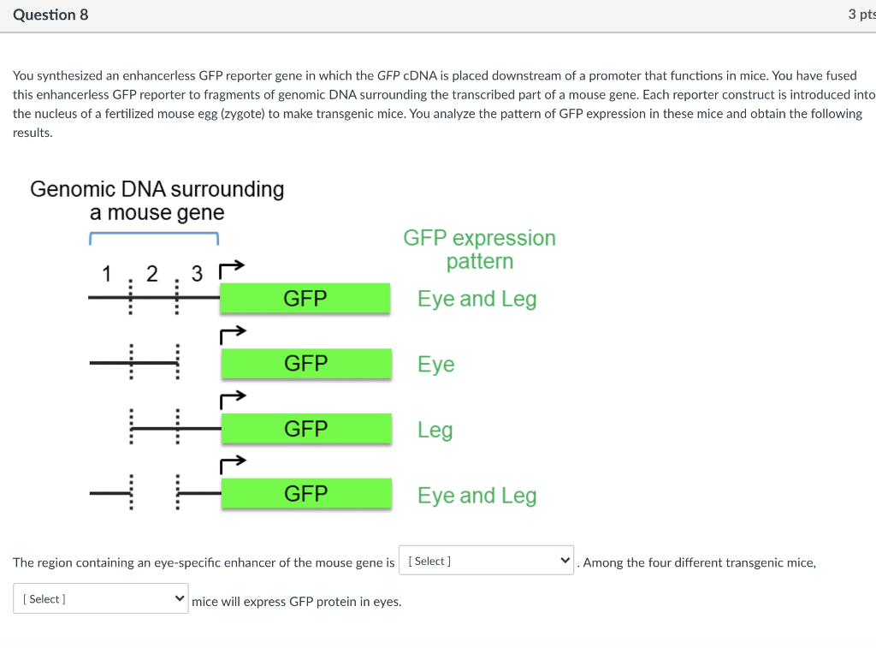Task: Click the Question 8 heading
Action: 50,15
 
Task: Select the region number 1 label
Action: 107,274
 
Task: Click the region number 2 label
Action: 152,274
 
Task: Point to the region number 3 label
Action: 198,274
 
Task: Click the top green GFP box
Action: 305,298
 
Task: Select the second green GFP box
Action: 305,364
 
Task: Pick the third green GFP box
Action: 305,429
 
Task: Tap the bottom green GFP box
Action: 305,494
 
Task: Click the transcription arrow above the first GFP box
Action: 233,269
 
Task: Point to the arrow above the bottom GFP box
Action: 233,465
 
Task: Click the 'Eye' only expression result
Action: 436,365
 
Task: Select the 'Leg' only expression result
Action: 435,430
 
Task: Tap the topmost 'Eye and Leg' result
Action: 476,299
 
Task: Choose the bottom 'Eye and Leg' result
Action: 476,496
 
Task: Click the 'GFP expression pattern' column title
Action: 479,249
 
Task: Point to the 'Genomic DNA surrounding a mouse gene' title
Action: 157,200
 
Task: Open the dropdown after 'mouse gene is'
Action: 486,562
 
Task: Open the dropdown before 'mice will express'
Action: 100,599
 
